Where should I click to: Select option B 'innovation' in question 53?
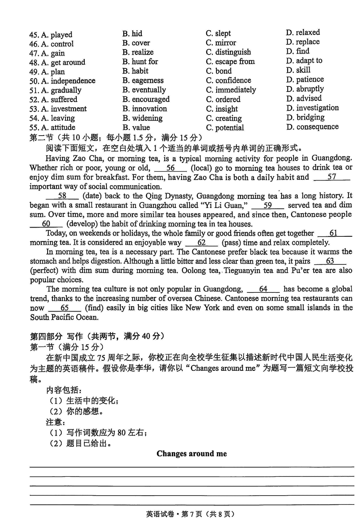(144, 109)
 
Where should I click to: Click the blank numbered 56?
(170, 168)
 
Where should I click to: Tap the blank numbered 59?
(268, 206)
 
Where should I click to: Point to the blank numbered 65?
(64, 308)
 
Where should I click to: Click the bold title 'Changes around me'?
(192, 454)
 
